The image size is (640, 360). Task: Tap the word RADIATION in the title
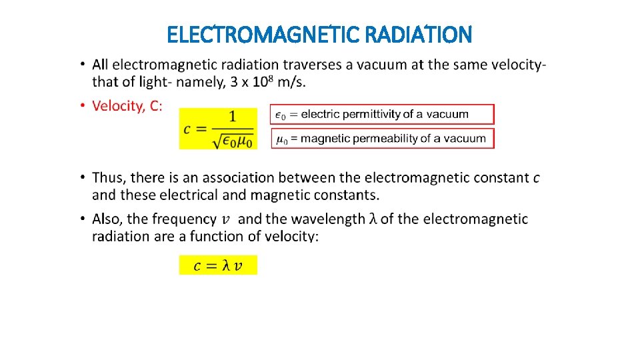tap(422, 34)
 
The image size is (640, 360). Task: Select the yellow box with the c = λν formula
tap(217, 265)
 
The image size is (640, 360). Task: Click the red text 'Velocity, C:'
tap(127, 106)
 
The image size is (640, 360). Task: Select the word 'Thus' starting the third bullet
tap(108, 178)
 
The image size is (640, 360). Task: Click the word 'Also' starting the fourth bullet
tap(107, 219)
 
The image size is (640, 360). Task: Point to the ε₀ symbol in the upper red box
tap(281, 115)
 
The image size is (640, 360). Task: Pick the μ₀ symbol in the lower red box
tap(281, 139)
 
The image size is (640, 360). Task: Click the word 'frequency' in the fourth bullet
tap(183, 219)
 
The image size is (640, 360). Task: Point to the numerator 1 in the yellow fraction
tap(232, 117)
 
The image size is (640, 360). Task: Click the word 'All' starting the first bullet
tap(100, 65)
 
